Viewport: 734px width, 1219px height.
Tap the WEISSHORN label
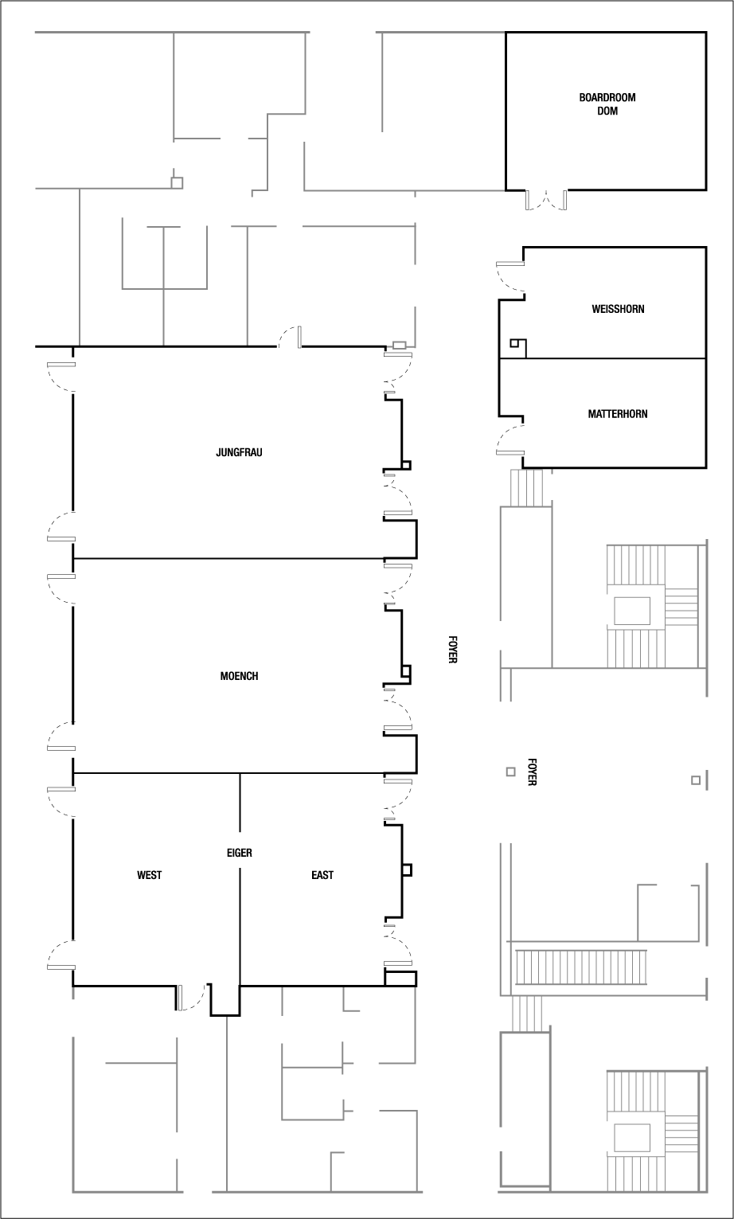[x=618, y=309]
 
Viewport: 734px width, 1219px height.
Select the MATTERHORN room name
[x=617, y=414]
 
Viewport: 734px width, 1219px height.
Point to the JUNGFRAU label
[x=239, y=452]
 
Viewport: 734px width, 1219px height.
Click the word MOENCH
[x=239, y=677]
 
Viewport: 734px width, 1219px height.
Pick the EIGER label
[x=239, y=853]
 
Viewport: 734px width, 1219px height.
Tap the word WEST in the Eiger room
[x=149, y=875]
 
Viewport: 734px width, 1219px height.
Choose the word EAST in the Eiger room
[x=322, y=875]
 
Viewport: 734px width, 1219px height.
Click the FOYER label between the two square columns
[x=531, y=772]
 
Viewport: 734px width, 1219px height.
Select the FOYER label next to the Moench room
[x=451, y=649]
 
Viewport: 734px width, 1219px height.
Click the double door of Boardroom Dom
[x=545, y=200]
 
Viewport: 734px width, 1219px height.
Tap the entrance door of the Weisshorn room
[x=510, y=275]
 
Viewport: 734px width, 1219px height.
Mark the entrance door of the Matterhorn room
[x=510, y=440]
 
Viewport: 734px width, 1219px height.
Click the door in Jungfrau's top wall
[x=290, y=338]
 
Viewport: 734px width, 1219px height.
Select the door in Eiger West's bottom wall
[x=190, y=998]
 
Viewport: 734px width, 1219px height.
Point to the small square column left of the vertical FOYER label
[x=510, y=772]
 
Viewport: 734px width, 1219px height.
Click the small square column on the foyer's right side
[x=695, y=780]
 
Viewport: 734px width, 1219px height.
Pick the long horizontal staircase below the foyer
[x=580, y=966]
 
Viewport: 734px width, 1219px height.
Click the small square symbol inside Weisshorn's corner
[x=517, y=345]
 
